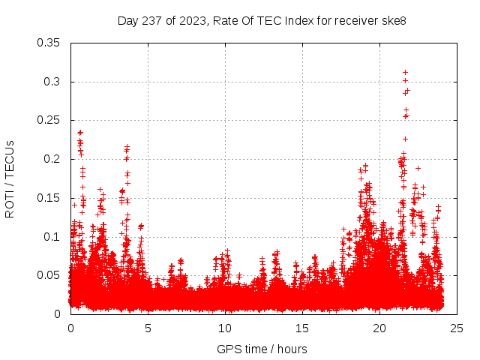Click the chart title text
pos(262,20)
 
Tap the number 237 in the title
pos(151,20)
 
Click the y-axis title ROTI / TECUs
pos(10,178)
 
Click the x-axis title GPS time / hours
pos(262,349)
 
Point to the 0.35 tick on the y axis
pos(49,43)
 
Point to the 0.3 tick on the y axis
pos(52,82)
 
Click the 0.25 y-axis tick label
pos(49,120)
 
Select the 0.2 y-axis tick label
pos(52,159)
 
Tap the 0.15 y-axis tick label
pos(49,198)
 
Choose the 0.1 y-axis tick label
pos(52,237)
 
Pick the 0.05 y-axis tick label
pos(49,275)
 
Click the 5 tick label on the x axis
pos(148,328)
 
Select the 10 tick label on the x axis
pos(225,328)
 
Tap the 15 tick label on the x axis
pos(302,328)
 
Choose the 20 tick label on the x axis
pos(379,328)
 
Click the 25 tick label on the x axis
pos(457,328)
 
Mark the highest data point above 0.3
pos(405,72)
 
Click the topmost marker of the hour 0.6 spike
pos(80,133)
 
